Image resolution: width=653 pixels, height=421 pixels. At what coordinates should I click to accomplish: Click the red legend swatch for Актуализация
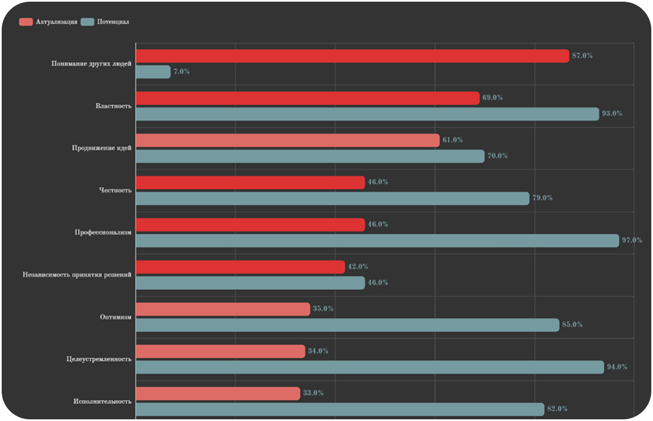26,22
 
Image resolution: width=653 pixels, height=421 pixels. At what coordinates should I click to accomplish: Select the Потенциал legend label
113,22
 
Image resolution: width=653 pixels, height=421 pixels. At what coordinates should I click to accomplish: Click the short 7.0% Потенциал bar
153,72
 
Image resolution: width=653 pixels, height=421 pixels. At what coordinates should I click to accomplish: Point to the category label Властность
114,106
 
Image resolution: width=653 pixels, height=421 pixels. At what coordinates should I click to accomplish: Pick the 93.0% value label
612,114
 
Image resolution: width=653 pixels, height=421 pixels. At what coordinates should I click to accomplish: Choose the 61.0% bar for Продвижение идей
287,140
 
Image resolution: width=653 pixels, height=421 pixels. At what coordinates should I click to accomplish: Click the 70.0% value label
498,156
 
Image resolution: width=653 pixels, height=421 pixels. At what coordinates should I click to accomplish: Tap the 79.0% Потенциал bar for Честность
332,198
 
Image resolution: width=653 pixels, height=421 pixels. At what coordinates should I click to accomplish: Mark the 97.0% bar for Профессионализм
377,241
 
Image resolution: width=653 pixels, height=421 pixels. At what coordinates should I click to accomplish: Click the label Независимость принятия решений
77,275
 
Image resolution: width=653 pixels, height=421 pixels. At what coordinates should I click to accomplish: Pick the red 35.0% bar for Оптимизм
223,309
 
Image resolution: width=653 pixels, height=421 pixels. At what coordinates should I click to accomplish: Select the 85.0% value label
572,325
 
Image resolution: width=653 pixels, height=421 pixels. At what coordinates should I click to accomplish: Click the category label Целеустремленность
99,359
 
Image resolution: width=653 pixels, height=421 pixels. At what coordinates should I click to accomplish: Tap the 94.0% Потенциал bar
370,367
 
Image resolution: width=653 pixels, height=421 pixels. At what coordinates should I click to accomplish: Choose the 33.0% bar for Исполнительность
218,393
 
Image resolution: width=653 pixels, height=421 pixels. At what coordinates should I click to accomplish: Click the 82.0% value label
557,409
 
